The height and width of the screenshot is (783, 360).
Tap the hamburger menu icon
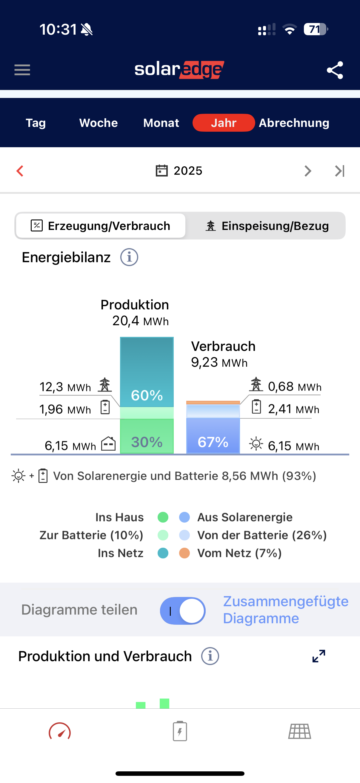[22, 70]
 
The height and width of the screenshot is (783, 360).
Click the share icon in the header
[335, 70]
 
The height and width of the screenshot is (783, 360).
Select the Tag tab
[36, 123]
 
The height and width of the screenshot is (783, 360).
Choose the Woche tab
[99, 123]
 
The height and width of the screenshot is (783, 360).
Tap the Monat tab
[161, 123]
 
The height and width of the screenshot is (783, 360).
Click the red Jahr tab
[224, 123]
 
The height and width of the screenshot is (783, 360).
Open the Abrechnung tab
[294, 123]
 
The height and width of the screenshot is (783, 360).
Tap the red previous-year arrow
[20, 171]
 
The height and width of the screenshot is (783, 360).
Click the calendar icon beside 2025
[161, 171]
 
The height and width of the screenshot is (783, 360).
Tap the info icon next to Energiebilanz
[129, 257]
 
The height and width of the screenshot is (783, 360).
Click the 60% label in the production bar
[147, 395]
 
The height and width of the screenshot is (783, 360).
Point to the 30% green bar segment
[147, 441]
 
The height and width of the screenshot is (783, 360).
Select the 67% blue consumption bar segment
[213, 441]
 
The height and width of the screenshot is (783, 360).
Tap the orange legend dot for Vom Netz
[184, 553]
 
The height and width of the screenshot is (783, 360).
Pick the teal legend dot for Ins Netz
[163, 553]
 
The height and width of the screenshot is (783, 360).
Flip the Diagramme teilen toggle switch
[183, 611]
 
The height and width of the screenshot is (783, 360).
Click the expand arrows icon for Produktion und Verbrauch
[319, 656]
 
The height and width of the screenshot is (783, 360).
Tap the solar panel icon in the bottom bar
[299, 731]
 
